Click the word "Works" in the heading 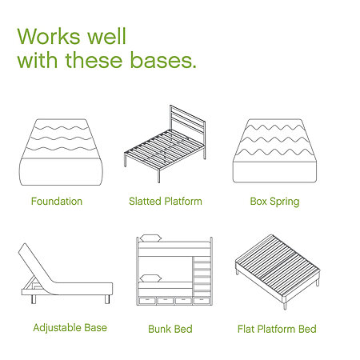tap(49, 36)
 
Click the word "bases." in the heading tap(163, 60)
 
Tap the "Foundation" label tap(57, 201)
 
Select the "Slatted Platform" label tap(166, 201)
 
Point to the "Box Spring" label tap(274, 202)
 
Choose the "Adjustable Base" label tap(70, 328)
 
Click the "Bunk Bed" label tap(170, 329)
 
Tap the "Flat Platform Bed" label tap(277, 329)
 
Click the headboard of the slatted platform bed tap(188, 126)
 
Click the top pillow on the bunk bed tap(150, 238)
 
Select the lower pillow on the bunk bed tap(150, 278)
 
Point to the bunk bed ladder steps tap(202, 276)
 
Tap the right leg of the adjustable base tap(107, 299)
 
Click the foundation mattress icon tap(61, 152)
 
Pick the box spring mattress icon tap(274, 150)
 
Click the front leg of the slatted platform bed tap(158, 175)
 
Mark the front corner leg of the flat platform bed tap(285, 306)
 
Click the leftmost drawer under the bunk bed tap(147, 301)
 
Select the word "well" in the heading tap(106, 36)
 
